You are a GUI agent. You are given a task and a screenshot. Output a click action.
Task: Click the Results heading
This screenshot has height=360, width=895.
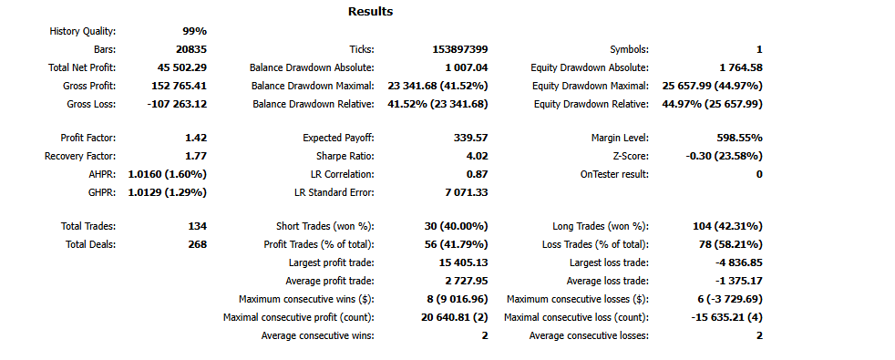(x=370, y=12)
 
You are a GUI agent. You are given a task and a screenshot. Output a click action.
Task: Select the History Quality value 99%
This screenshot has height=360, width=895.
(x=194, y=31)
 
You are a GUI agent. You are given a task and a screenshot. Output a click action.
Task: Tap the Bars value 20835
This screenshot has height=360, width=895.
(x=190, y=49)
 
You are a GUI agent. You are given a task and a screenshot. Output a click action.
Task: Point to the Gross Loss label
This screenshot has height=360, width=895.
(x=90, y=104)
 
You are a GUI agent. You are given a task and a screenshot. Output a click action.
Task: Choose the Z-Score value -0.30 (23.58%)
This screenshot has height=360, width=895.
(x=724, y=156)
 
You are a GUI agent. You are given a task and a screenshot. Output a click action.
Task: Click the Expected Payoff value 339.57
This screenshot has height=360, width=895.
(x=468, y=138)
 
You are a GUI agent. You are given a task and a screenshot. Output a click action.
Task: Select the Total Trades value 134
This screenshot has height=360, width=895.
(x=197, y=226)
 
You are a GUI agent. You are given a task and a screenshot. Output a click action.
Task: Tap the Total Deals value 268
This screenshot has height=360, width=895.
(x=197, y=244)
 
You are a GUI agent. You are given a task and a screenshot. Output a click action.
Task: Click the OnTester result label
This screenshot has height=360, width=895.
(x=614, y=174)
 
